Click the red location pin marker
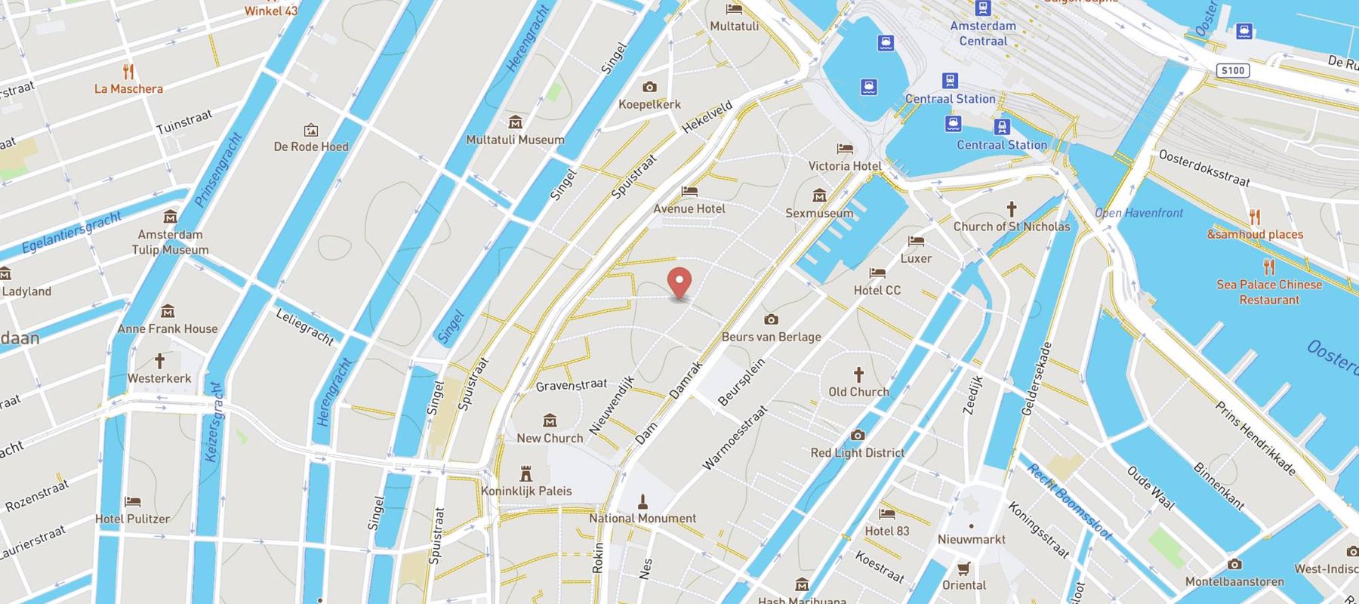680,283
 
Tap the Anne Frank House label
168,328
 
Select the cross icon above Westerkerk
159,360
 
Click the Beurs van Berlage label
771,337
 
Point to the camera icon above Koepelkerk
649,87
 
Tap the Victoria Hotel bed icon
845,149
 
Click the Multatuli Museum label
515,140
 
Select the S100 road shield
1233,70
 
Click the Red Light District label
857,453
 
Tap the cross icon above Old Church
858,374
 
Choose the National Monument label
643,518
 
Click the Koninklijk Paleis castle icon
526,473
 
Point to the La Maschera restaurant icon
128,72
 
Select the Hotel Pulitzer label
132,519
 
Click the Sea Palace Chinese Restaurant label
1269,291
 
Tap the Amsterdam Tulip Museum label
170,242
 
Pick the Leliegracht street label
304,327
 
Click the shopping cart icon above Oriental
963,568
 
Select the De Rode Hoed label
311,146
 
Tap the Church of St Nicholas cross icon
1011,208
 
